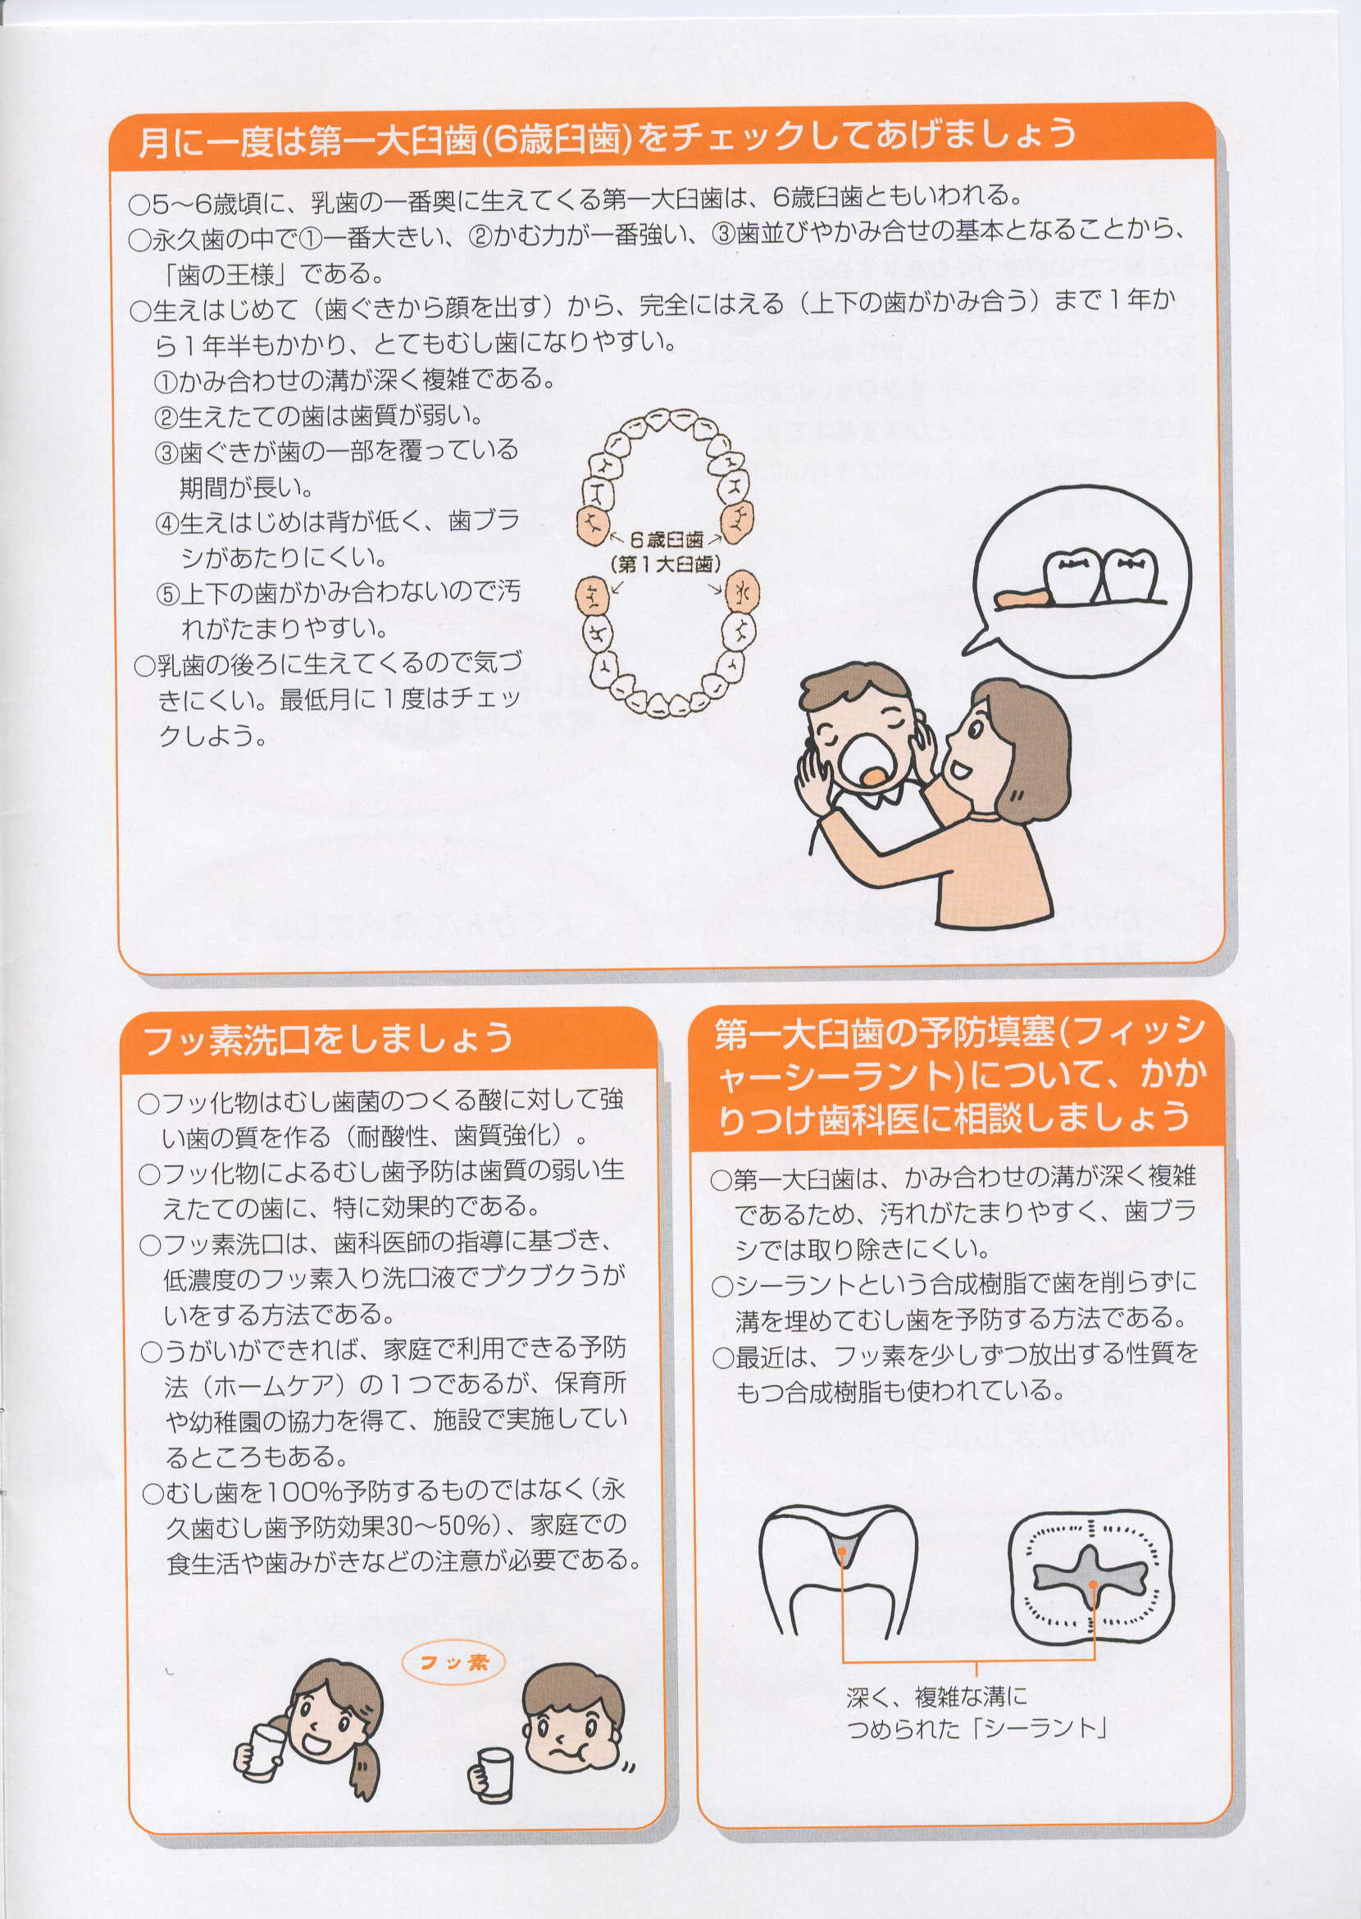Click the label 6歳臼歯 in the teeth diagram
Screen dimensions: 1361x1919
(667, 540)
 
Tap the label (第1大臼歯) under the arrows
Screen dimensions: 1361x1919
(667, 564)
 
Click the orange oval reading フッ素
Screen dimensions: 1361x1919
(453, 1662)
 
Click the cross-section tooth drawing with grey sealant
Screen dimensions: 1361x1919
(839, 1570)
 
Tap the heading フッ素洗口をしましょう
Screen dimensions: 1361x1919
(328, 1040)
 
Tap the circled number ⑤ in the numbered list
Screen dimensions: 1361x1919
(167, 595)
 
